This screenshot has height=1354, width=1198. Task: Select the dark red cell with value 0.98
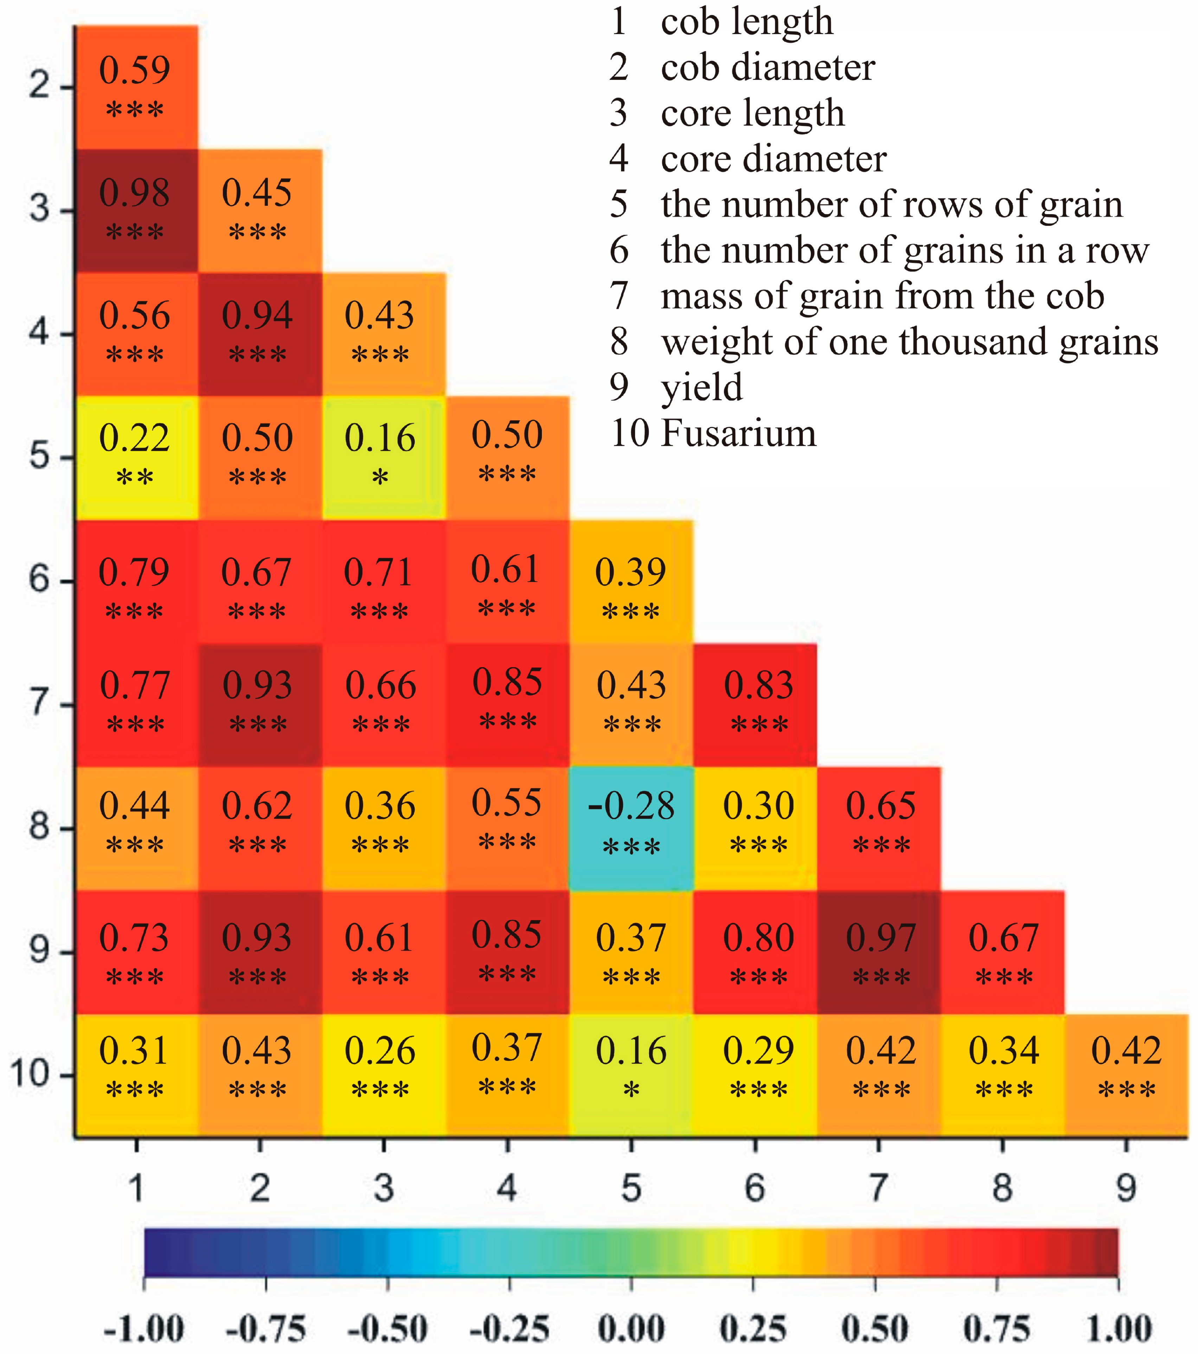click(x=136, y=211)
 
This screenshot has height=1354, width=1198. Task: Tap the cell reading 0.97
click(x=879, y=952)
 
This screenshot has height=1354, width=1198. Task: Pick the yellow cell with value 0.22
click(x=136, y=457)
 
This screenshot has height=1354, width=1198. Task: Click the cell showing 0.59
click(x=136, y=87)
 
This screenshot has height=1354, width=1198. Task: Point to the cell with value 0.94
click(x=260, y=334)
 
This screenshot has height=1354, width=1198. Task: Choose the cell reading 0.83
click(x=755, y=704)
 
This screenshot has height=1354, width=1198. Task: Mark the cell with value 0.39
click(x=631, y=581)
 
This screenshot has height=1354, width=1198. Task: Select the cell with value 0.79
click(x=136, y=581)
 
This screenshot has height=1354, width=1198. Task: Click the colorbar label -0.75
click(x=266, y=1329)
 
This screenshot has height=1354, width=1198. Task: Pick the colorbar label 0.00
click(x=631, y=1329)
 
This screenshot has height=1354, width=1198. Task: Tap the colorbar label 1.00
click(x=1119, y=1329)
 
